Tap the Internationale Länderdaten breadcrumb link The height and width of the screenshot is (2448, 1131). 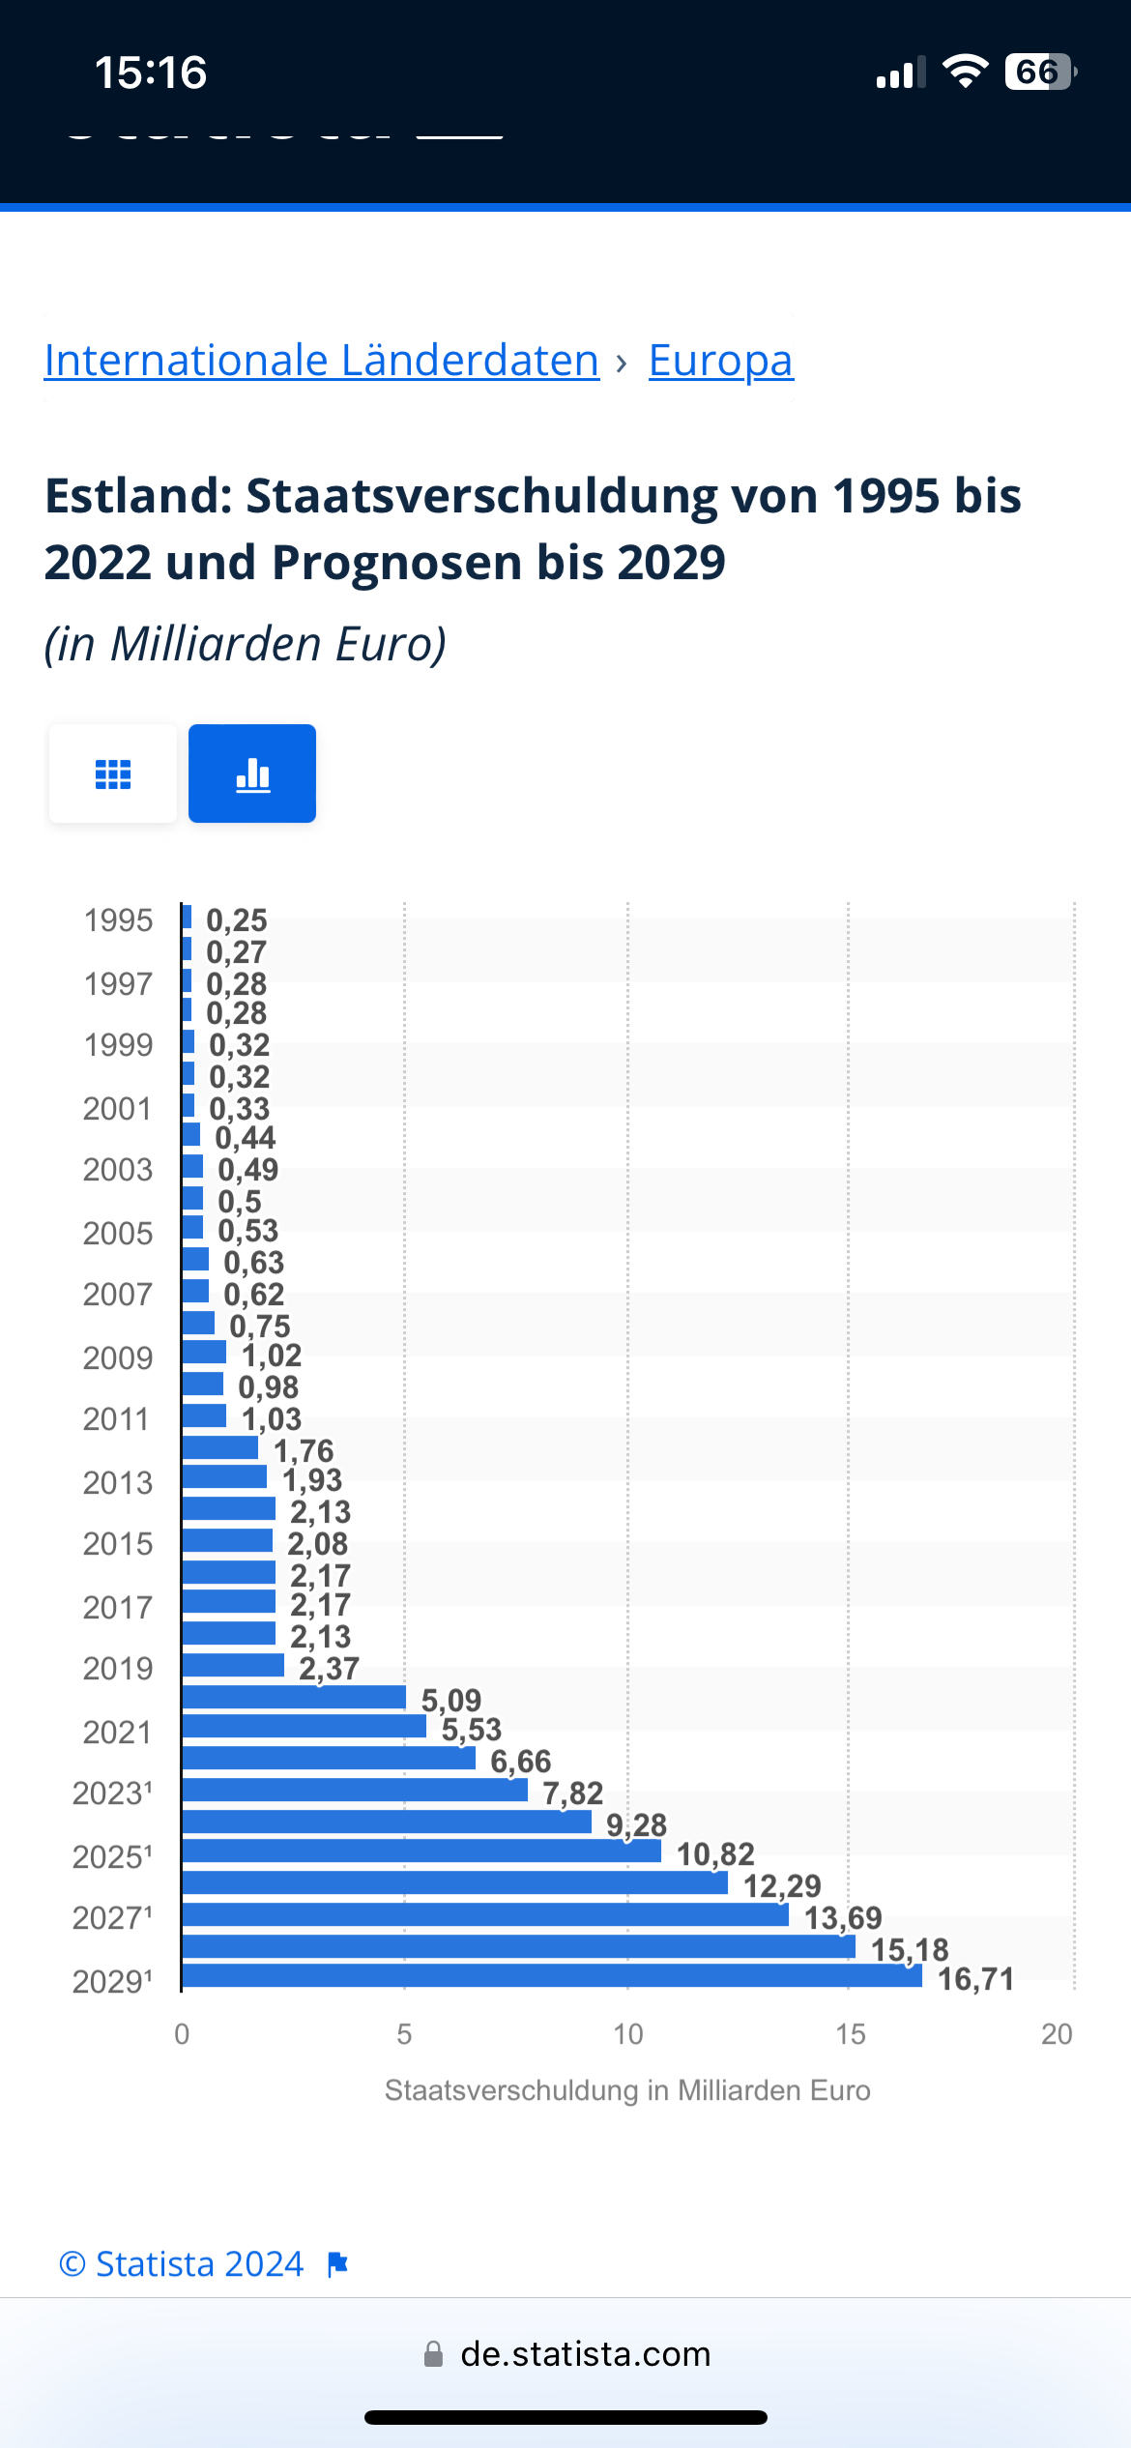pyautogui.click(x=322, y=361)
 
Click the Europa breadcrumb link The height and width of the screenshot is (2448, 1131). pyautogui.click(x=720, y=361)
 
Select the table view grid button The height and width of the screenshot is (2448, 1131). pyautogui.click(x=113, y=773)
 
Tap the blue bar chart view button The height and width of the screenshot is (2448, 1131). pyautogui.click(x=252, y=773)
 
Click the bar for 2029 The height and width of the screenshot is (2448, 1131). pyautogui.click(x=551, y=1976)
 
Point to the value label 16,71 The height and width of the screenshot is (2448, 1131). pyautogui.click(x=975, y=1979)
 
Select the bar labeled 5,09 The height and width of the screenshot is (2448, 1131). pyautogui.click(x=294, y=1697)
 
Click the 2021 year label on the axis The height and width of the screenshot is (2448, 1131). pyautogui.click(x=117, y=1732)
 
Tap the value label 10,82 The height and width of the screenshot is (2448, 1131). pyautogui.click(x=715, y=1854)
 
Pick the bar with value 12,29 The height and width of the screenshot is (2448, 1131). pyautogui.click(x=454, y=1882)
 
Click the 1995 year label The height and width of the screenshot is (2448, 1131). pyautogui.click(x=118, y=920)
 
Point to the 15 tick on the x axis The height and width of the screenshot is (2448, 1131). pyautogui.click(x=850, y=2034)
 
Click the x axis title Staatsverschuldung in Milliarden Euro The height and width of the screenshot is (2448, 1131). pyautogui.click(x=627, y=2090)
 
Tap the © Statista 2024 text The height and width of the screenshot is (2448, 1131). pyautogui.click(x=182, y=2264)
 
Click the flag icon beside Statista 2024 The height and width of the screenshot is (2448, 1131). pyautogui.click(x=337, y=2264)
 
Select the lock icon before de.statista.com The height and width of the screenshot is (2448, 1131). pyautogui.click(x=434, y=2354)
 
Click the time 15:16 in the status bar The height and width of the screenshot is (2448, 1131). pyautogui.click(x=151, y=73)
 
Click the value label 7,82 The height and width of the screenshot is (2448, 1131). pyautogui.click(x=572, y=1793)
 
